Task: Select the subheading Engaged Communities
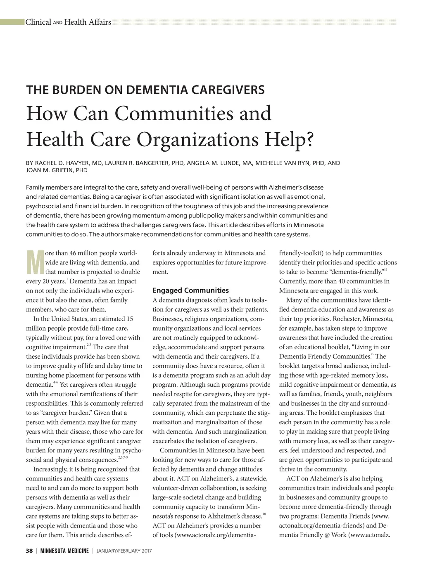pos(190,290)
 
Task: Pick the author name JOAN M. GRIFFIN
pos(49,170)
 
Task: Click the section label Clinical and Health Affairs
pos(68,22)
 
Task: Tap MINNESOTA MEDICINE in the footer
pos(64,551)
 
